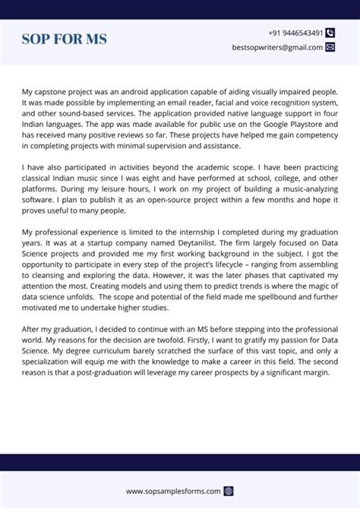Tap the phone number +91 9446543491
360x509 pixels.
(x=295, y=33)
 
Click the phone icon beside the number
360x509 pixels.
(x=330, y=33)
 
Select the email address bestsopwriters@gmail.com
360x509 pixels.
(x=277, y=47)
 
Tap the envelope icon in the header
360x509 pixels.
(x=330, y=47)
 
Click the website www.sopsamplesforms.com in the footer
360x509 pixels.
(x=173, y=491)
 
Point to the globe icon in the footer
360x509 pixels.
(x=229, y=491)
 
